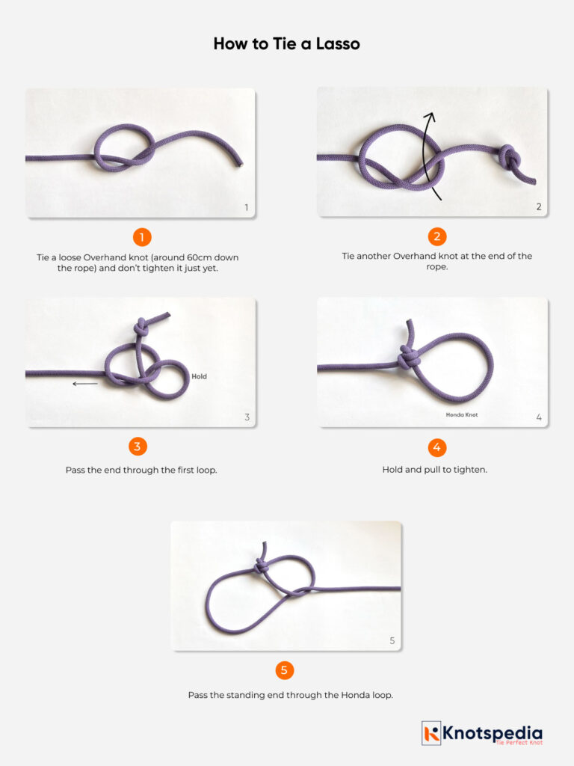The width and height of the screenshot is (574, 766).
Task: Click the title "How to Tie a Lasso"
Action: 286,44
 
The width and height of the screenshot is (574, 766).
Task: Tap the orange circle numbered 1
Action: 142,237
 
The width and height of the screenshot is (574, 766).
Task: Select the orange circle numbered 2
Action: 437,237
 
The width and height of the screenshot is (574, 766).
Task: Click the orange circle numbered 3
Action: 137,447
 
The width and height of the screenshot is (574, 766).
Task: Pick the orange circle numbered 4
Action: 437,447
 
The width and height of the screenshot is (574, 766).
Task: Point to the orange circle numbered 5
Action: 284,670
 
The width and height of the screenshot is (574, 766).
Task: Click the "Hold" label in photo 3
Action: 199,376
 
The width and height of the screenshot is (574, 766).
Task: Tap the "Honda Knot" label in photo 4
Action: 461,414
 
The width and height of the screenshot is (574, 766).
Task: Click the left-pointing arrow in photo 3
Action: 85,384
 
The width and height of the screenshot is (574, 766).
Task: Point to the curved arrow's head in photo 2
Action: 429,115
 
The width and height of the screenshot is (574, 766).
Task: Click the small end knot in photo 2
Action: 510,158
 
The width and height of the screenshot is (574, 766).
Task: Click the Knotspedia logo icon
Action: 431,732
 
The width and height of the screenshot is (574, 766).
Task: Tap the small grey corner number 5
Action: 392,641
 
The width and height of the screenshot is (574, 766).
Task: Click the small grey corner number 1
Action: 247,207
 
